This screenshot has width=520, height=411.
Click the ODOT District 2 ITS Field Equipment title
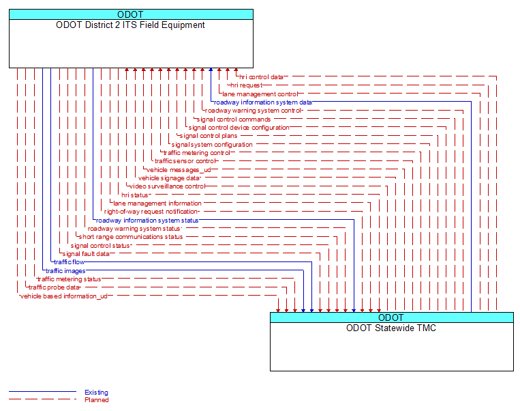[x=130, y=25]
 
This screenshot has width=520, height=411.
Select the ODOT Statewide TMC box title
[x=391, y=328]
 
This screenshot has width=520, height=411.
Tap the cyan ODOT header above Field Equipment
[x=131, y=14]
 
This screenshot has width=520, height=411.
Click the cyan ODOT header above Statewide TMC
[x=392, y=317]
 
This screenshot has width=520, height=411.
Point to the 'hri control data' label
[x=261, y=77]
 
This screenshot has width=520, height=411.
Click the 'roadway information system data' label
[x=263, y=102]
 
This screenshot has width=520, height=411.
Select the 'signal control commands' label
[x=234, y=119]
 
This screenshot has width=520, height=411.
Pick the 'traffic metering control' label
[x=197, y=153]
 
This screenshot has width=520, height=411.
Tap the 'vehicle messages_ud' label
[x=179, y=170]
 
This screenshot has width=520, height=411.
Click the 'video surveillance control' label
[x=168, y=186]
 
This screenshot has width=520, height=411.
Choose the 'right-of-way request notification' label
[x=151, y=212]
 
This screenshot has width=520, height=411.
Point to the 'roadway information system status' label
[x=147, y=221]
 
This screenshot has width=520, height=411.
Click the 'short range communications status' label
[x=131, y=237]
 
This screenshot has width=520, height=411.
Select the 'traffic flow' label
[x=70, y=262]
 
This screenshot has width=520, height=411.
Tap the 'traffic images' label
[x=65, y=271]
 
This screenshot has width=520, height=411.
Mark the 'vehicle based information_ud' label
[x=64, y=296]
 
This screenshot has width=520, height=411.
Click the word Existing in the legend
[x=96, y=393]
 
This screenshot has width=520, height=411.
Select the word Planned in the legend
[x=97, y=400]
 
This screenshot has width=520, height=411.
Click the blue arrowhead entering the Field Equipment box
[x=211, y=70]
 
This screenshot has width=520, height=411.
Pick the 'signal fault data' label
[x=86, y=254]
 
